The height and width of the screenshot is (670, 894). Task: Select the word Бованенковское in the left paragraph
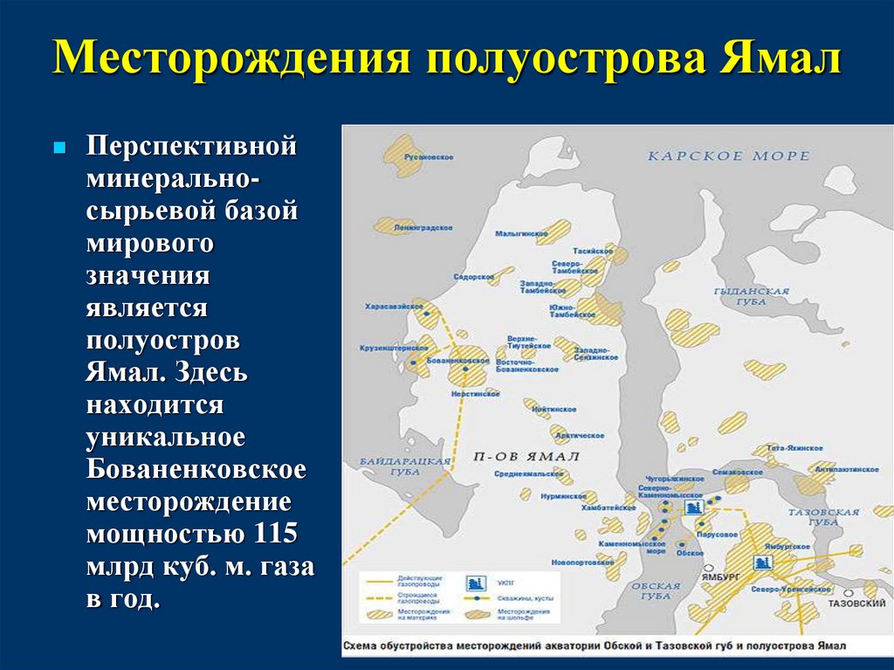pyautogui.click(x=196, y=469)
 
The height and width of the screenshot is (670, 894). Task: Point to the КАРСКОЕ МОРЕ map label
pyautogui.click(x=728, y=156)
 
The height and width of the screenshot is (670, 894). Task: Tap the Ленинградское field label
pyautogui.click(x=425, y=228)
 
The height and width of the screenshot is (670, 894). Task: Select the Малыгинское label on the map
pyautogui.click(x=520, y=234)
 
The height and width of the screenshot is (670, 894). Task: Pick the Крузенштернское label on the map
pyautogui.click(x=387, y=348)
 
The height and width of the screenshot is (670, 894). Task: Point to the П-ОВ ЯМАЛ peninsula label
pyautogui.click(x=526, y=457)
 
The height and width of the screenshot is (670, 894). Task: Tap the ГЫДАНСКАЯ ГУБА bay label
pyautogui.click(x=751, y=295)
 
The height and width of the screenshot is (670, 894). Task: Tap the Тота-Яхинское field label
pyautogui.click(x=784, y=447)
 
